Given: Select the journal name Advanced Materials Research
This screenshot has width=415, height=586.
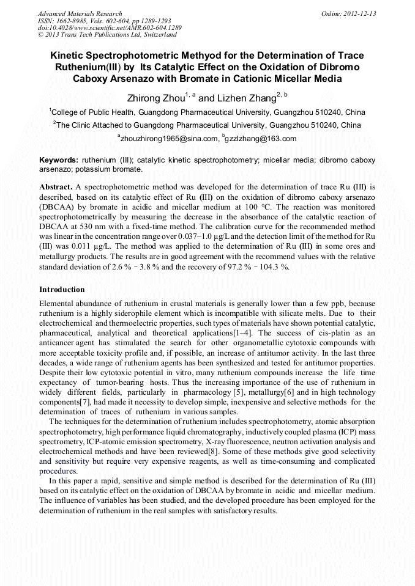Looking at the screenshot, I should coord(80,13).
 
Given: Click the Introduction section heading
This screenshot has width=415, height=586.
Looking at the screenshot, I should coord(62,289).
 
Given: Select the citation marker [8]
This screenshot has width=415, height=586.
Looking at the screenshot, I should coord(214,450).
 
